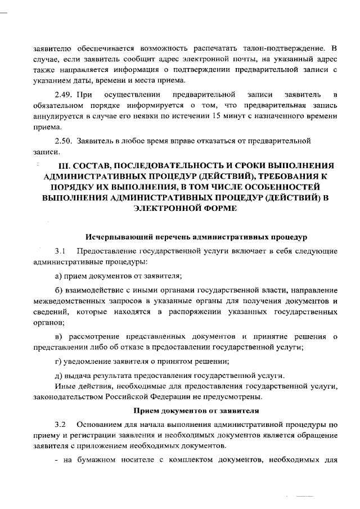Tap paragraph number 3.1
point(61,250)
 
